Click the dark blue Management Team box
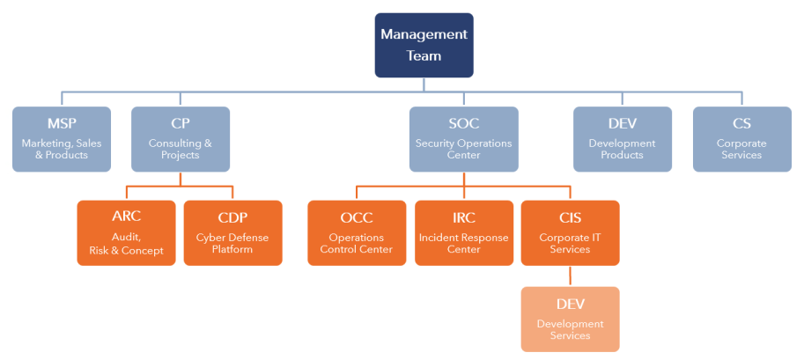point(424,45)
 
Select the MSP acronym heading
point(62,123)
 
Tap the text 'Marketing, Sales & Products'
point(62,149)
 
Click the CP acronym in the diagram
point(181,123)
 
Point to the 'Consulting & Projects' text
point(181,149)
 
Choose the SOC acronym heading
point(464,123)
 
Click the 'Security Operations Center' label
point(464,149)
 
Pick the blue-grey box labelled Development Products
point(623,139)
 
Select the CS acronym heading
point(742,123)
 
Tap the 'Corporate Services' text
point(742,149)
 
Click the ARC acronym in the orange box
point(126,217)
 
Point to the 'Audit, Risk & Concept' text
point(126,244)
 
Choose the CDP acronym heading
point(232,218)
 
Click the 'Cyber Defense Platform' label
point(232,244)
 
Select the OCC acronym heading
point(357,218)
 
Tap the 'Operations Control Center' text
point(357,244)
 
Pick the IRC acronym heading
point(464,218)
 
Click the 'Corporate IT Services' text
point(570,244)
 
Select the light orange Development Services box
point(570,319)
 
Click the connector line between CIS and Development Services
point(570,276)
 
